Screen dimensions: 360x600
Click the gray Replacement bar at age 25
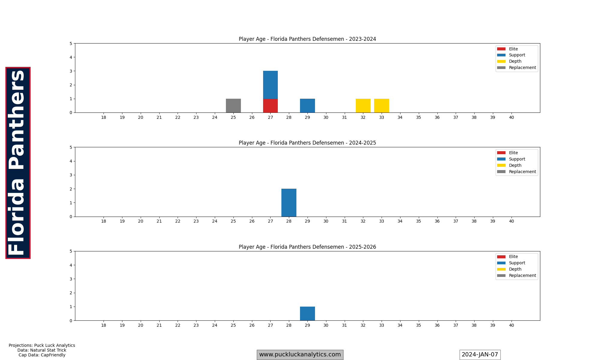tap(233, 106)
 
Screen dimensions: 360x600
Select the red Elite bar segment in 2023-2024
tap(270, 106)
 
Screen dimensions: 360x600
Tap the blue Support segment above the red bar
tap(270, 85)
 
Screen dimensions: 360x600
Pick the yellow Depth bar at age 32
tap(363, 106)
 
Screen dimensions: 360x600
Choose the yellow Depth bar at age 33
tap(382, 106)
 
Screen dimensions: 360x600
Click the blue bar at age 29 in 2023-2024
tap(307, 106)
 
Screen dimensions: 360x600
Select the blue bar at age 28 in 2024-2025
tap(289, 203)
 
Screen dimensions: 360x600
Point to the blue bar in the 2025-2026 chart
tap(307, 313)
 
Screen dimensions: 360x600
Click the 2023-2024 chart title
tap(307, 39)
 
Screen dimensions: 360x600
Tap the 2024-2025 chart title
tap(307, 143)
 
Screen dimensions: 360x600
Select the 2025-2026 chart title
tap(307, 247)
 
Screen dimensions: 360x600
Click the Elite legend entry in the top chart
tap(513, 49)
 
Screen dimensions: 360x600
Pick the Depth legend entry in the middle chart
tap(515, 165)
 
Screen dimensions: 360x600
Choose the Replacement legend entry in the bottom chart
tap(522, 275)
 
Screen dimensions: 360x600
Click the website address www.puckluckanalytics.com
tap(300, 355)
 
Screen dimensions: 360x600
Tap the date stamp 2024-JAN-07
tap(480, 355)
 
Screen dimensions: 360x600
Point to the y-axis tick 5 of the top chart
tap(71, 43)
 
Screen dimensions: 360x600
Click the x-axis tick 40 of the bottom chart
tap(511, 325)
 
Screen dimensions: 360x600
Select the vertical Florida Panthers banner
tap(18, 163)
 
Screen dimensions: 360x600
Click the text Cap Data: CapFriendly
tap(42, 355)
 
